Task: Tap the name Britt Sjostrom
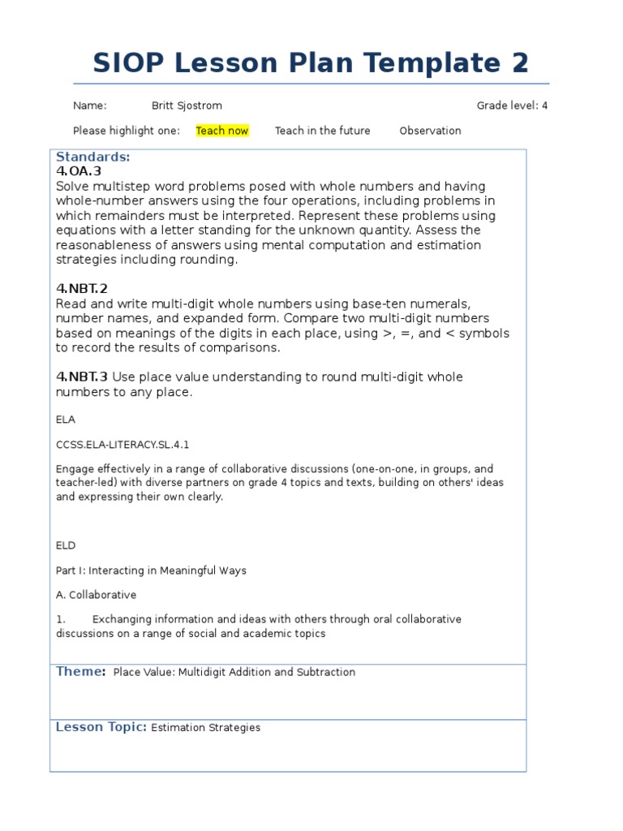[x=187, y=105]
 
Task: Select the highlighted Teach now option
[x=222, y=131]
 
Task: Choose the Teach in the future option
[x=322, y=131]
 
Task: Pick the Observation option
[x=430, y=131]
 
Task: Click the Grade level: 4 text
[x=512, y=105]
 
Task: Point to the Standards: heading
[x=92, y=157]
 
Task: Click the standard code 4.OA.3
[x=79, y=171]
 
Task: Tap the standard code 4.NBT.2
[x=82, y=288]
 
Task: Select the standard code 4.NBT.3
[x=82, y=377]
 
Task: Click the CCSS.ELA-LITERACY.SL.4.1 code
[x=122, y=445]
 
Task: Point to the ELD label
[x=66, y=546]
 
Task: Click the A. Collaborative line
[x=96, y=595]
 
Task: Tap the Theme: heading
[x=80, y=671]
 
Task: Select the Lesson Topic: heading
[x=101, y=727]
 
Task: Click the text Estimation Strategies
[x=206, y=728]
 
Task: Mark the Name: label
[x=90, y=105]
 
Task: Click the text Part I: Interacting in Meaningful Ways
[x=151, y=571]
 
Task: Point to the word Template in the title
[x=428, y=62]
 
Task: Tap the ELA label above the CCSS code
[x=65, y=420]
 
